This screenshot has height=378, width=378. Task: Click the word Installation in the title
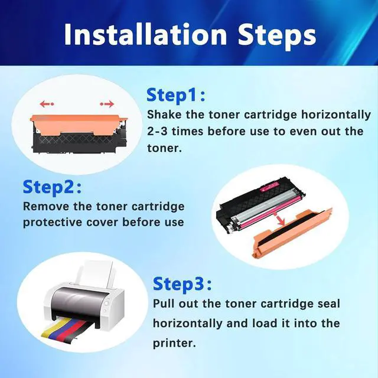point(145,34)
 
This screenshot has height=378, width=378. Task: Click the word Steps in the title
point(277,37)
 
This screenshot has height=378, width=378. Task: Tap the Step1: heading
point(176,95)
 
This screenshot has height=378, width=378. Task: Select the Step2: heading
point(52,188)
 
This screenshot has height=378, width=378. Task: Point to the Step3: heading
point(183,285)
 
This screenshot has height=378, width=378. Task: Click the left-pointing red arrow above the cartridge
point(47,104)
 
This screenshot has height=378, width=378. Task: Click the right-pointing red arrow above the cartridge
point(107,104)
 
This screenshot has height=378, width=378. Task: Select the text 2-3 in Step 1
point(157,132)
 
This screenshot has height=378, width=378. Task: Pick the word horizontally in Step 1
point(336,115)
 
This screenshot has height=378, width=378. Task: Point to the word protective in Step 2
point(53,223)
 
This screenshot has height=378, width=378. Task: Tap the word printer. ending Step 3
point(175,343)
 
